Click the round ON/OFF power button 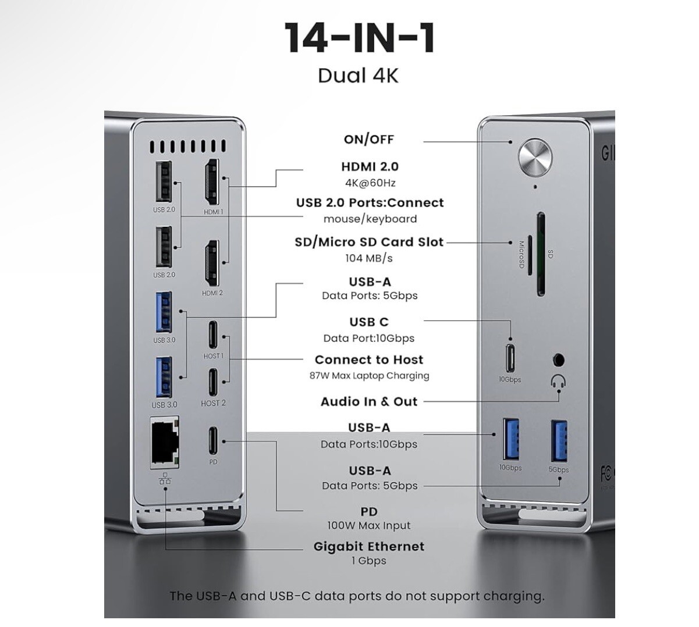tap(535, 158)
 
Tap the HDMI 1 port tap(211, 182)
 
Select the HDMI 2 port tap(211, 263)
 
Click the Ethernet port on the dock tap(165, 442)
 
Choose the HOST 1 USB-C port tap(213, 334)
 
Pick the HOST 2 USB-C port tap(213, 382)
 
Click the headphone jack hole tap(558, 361)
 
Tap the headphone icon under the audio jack tap(558, 382)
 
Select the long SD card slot tap(541, 254)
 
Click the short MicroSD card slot tap(530, 255)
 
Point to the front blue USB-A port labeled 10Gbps tap(511, 439)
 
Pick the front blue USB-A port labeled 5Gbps tap(559, 441)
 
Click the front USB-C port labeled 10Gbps tap(510, 358)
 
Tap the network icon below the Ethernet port tap(165, 478)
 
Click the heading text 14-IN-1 tap(359, 38)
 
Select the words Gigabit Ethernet tap(369, 547)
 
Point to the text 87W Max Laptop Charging tap(369, 376)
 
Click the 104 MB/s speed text tap(369, 258)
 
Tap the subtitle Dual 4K tap(358, 76)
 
